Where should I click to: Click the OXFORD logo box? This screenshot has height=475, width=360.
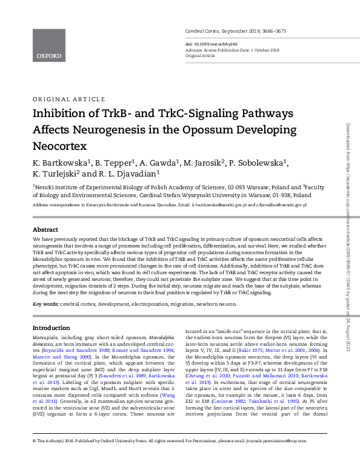[48, 45]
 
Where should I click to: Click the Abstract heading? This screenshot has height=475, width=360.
[45, 231]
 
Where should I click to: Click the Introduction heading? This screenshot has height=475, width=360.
[51, 328]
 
